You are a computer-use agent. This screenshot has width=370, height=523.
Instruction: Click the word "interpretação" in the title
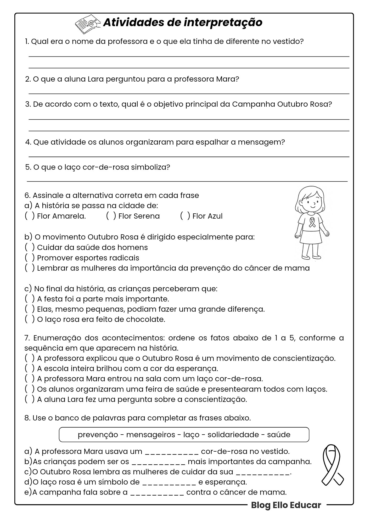click(223, 23)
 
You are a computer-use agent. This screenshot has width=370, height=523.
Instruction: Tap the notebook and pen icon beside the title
click(87, 23)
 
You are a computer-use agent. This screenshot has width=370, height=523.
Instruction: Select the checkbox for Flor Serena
click(111, 216)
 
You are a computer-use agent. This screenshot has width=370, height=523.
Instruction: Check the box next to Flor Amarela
click(30, 216)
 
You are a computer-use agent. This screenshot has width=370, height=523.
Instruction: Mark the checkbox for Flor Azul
click(185, 216)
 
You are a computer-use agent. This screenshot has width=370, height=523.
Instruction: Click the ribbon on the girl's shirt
click(312, 222)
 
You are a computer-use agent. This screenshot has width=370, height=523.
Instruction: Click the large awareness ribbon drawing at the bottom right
click(332, 465)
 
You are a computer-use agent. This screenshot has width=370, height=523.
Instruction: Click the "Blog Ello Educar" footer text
click(286, 505)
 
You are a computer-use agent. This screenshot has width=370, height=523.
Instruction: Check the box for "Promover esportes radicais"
click(30, 258)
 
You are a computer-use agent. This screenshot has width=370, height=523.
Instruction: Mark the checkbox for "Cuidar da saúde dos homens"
click(30, 247)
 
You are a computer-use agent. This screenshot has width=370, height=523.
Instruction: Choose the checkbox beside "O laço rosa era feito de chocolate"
click(30, 319)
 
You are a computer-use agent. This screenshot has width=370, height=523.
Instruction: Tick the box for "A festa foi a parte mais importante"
click(30, 299)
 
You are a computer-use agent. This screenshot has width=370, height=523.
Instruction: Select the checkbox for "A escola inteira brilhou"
click(30, 368)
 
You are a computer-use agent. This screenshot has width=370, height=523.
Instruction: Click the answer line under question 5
click(187, 180)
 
